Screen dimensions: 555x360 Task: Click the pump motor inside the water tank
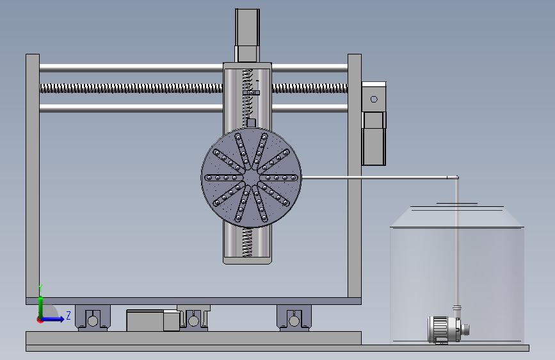point(448,329)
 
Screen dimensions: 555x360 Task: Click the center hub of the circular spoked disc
point(251,177)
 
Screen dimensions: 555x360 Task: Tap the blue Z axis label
point(68,315)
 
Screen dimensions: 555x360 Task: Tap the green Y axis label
point(41,288)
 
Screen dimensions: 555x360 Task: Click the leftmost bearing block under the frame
point(93,318)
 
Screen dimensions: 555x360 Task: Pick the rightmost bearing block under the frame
point(294,318)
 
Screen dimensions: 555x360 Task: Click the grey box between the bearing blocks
point(153,321)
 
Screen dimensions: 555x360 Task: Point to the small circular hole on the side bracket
point(374,99)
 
